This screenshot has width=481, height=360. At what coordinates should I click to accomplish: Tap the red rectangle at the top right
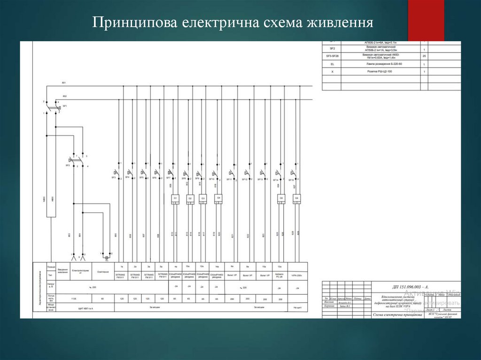426,20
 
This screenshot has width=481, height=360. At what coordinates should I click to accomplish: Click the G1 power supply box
175,198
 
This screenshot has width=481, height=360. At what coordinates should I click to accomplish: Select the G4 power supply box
218,198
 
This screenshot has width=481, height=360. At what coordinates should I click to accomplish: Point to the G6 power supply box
296,198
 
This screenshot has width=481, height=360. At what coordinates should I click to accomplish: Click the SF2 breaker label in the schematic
68,165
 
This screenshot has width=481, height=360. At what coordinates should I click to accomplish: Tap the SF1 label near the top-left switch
65,107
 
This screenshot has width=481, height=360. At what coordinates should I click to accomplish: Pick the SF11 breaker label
229,179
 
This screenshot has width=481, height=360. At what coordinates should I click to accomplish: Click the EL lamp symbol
107,258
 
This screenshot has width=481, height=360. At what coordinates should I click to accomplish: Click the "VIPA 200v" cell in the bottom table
297,276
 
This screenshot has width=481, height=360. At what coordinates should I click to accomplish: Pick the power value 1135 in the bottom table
73,299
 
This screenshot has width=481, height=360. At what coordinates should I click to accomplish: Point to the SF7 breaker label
168,178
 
